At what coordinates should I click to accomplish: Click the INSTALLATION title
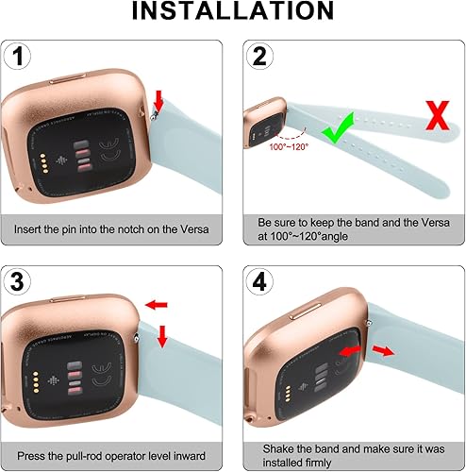point(232,12)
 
